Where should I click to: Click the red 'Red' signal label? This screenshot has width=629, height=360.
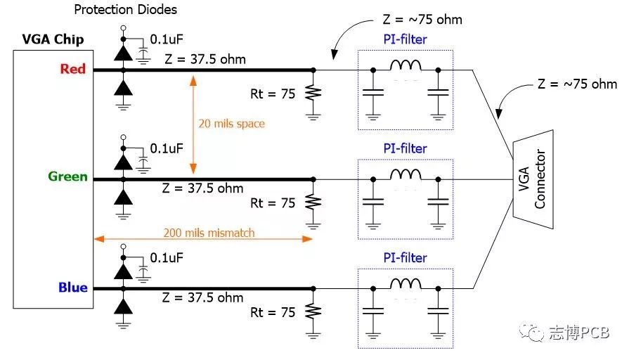73,69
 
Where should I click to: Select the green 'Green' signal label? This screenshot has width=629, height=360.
67,176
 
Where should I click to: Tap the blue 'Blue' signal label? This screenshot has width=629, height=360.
73,288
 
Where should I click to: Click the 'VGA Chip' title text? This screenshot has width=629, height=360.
53,39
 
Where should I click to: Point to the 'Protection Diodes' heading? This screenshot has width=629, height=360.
126,10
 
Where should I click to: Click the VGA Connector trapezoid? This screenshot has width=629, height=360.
533,179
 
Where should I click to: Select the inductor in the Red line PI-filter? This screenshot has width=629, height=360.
406,65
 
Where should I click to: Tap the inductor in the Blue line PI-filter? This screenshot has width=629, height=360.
406,284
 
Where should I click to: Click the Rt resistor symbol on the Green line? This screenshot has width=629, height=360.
313,202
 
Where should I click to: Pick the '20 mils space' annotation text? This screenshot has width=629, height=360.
231,124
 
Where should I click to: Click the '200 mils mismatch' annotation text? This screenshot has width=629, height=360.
209,233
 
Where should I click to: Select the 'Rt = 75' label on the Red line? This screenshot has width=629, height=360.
273,94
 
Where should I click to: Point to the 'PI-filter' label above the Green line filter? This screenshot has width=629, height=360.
405,148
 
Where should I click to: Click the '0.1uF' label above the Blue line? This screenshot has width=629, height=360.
167,257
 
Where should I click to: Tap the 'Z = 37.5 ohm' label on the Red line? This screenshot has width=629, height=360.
205,59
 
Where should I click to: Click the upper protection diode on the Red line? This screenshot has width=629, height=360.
123,53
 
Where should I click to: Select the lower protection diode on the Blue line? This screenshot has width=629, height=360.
123,307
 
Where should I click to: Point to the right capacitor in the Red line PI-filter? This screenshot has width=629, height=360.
438,93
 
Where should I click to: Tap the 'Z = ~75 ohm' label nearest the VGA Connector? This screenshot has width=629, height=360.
577,84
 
